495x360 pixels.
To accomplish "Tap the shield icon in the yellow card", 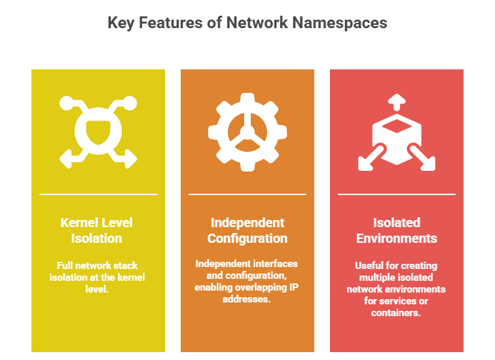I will coord(98,132).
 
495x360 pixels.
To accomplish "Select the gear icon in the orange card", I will coord(247,132).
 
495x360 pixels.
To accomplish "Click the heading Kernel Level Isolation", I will coord(98,230).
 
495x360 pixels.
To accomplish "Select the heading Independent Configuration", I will coord(247,230).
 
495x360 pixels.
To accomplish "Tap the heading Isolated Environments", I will coord(396,230).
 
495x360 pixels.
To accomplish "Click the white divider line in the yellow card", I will coord(98,194).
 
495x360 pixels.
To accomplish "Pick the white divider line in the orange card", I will coord(247,194).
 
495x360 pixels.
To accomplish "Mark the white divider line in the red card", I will coord(396,194).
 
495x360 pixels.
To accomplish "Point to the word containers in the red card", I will coord(396,313).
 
